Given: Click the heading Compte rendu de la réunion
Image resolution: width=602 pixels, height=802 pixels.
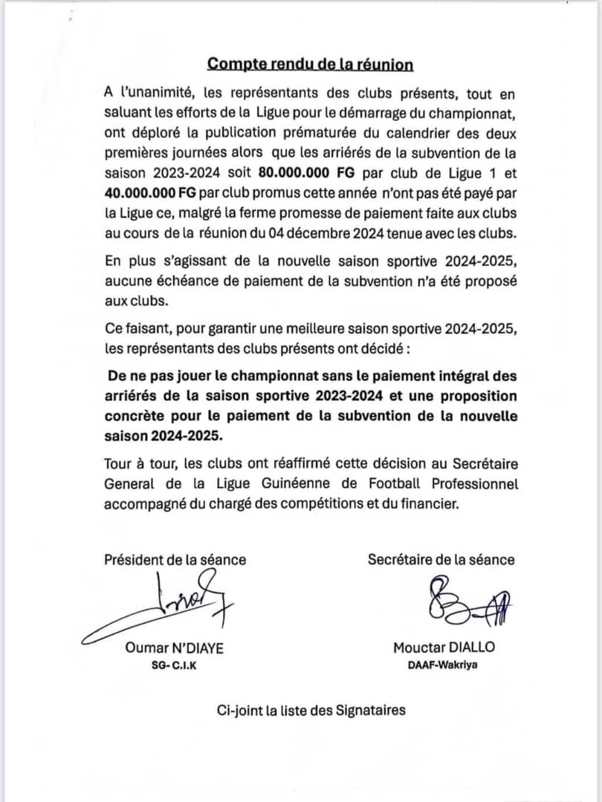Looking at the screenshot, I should pos(310,64).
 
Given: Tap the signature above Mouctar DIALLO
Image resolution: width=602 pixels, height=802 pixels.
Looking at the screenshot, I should pos(461,601).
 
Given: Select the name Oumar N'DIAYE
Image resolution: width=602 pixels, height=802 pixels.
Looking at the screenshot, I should pos(175,648).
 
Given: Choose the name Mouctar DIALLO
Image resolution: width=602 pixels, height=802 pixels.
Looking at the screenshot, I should pos(444,648).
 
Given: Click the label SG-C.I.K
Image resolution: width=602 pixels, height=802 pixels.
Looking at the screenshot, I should pos(174,665).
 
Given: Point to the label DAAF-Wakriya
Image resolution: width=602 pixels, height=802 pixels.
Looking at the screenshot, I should pos(443,665).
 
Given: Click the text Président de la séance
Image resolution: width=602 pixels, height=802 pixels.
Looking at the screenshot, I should pos(175,560).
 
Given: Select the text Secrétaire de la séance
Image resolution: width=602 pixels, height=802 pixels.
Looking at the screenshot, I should pos(441,560).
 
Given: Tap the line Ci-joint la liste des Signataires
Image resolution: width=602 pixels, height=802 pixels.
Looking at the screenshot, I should pos(311,710).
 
